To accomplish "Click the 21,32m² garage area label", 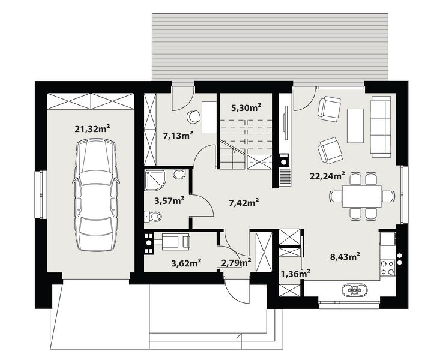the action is tap(92, 129).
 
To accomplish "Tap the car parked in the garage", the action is tap(96, 195).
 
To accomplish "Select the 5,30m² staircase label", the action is tap(246, 107).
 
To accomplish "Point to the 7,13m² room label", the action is tap(178, 135).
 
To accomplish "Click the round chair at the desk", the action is tap(193, 116).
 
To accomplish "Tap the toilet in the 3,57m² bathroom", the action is tap(153, 217).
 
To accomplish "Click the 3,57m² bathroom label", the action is tap(169, 201).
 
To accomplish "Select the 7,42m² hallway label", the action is tap(244, 202).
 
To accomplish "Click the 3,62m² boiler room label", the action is tap(186, 263).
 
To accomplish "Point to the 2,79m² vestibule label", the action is tap(236, 263).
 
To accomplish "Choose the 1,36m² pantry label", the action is tap(296, 274).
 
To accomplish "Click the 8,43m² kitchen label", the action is tap(345, 257).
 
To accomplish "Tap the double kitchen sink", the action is tap(355, 290).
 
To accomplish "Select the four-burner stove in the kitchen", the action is tap(387, 268).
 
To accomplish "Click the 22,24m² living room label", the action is tap(327, 176).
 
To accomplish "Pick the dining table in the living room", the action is tap(361, 196).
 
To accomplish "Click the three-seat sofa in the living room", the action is tap(381, 127).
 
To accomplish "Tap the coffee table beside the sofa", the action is tap(355, 125).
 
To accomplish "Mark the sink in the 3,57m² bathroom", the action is tap(179, 174).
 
